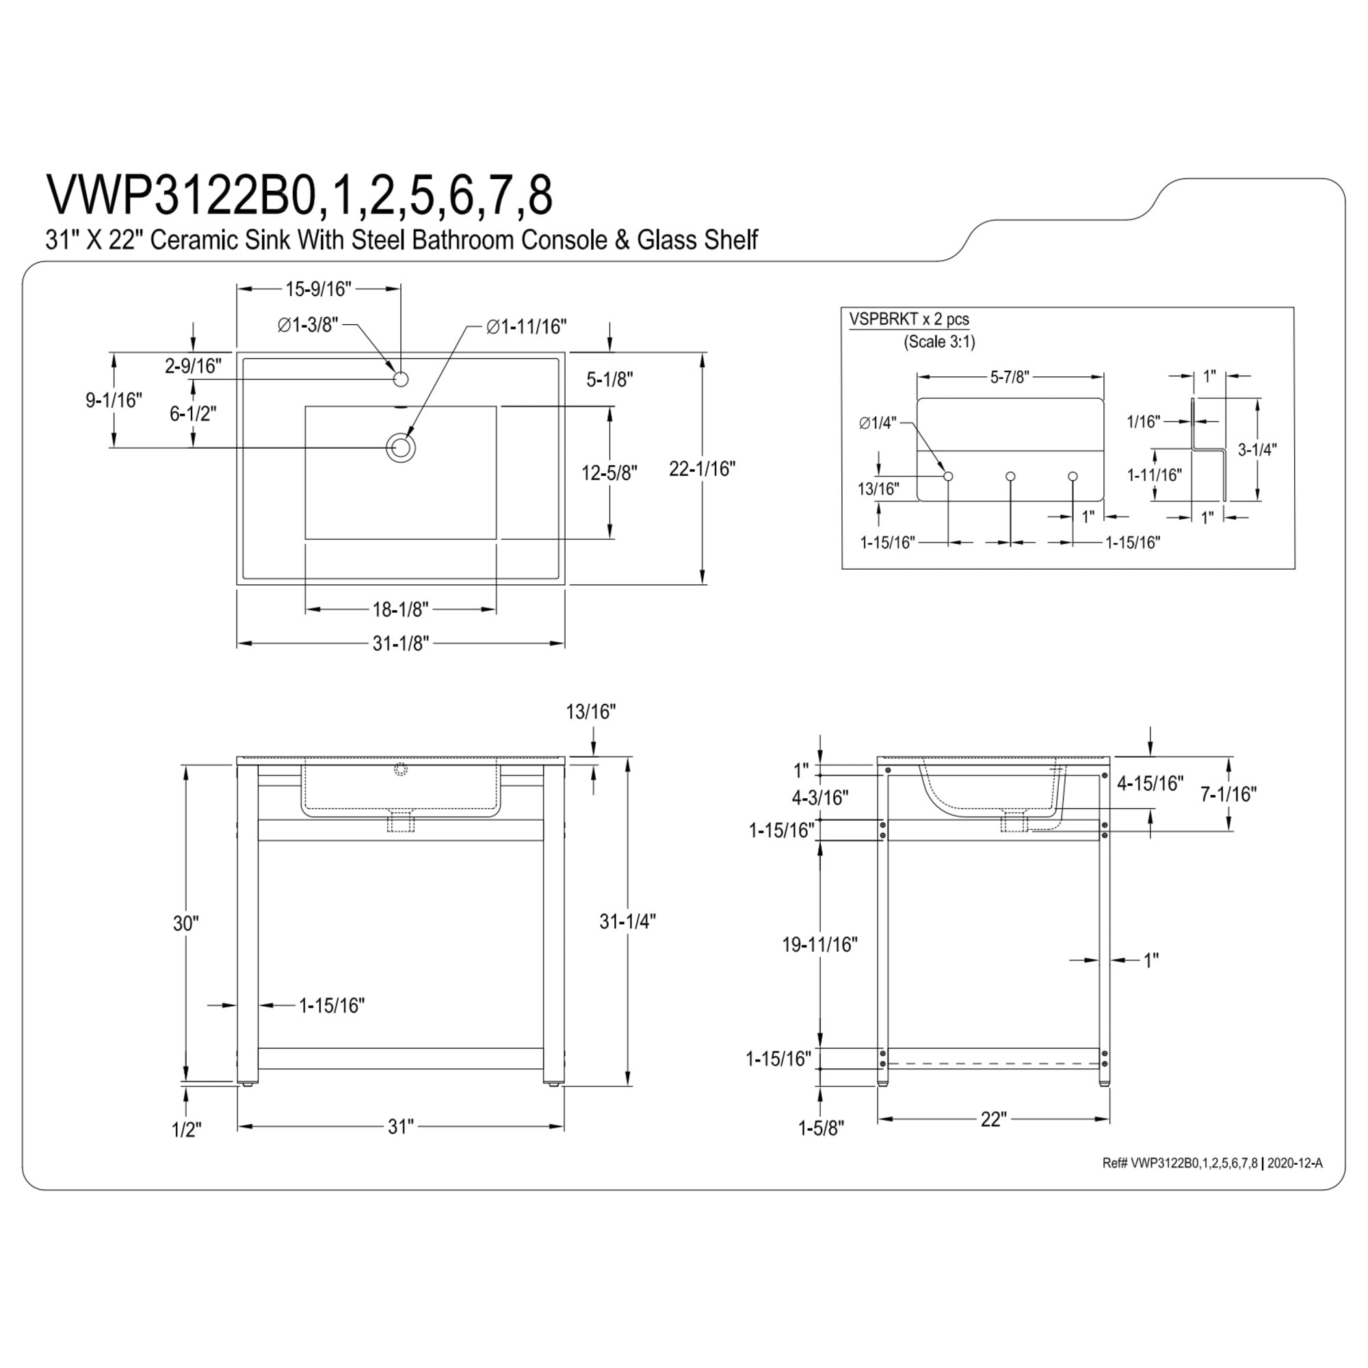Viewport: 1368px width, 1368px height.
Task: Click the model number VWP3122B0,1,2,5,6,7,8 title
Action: point(299,195)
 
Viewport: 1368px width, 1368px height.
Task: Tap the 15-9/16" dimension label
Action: point(318,289)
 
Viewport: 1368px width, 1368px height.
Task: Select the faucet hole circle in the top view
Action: point(401,380)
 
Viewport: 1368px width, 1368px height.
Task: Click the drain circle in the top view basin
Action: point(400,447)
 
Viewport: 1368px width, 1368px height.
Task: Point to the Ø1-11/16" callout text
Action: point(527,326)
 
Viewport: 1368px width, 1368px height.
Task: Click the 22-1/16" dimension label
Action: point(702,469)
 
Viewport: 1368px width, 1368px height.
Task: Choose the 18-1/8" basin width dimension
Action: point(400,609)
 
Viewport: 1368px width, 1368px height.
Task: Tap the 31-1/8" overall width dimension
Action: point(401,644)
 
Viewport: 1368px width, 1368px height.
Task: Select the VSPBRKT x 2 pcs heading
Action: point(909,319)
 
